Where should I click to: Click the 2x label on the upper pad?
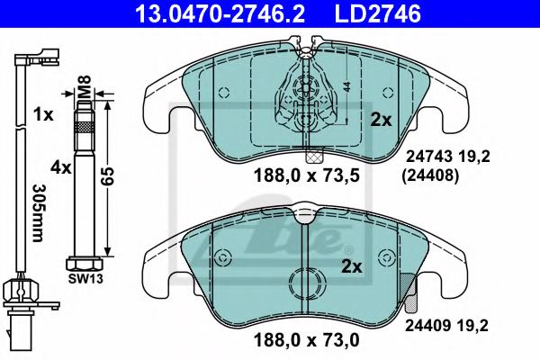point(381,118)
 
